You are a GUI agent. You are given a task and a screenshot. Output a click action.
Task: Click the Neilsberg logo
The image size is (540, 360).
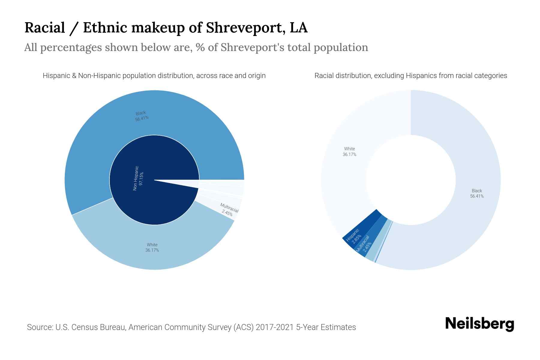pyautogui.click(x=479, y=324)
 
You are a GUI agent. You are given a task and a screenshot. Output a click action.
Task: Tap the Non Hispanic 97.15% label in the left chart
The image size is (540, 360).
pyautogui.click(x=138, y=178)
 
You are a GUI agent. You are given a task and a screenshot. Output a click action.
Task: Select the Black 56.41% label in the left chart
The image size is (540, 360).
pyautogui.click(x=141, y=116)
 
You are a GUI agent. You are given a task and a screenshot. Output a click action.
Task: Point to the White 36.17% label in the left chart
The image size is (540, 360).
pyautogui.click(x=152, y=247)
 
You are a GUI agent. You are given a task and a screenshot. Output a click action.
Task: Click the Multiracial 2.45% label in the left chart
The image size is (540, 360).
pyautogui.click(x=228, y=210)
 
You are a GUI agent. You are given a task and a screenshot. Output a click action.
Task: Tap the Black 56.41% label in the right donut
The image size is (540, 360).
pyautogui.click(x=477, y=193)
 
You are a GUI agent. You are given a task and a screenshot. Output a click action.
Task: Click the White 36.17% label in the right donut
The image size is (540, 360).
pyautogui.click(x=349, y=151)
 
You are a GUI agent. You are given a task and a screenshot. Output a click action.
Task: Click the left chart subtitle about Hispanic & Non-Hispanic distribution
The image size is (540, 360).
pyautogui.click(x=154, y=76)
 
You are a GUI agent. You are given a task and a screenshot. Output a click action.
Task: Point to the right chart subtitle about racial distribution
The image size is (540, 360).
pyautogui.click(x=411, y=76)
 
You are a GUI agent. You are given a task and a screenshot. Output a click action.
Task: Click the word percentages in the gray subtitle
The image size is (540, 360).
pyautogui.click(x=71, y=47)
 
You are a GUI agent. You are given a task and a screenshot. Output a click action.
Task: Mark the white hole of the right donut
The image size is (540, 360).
pyautogui.click(x=411, y=180)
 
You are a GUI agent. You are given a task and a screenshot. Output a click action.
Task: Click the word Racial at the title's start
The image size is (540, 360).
pyautogui.click(x=45, y=28)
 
